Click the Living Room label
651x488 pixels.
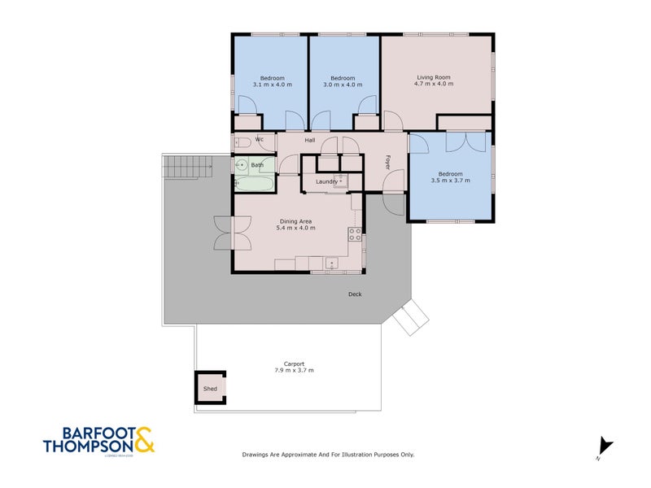click(432, 77)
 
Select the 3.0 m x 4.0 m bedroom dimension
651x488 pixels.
click(342, 85)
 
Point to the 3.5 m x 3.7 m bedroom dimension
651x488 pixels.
click(450, 181)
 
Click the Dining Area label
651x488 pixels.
click(296, 221)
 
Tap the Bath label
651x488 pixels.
click(257, 165)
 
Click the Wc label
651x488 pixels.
click(260, 140)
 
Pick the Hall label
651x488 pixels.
click(310, 141)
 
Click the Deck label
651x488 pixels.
click(355, 294)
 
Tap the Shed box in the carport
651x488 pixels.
click(210, 389)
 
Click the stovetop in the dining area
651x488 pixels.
click(355, 234)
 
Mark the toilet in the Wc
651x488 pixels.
click(242, 142)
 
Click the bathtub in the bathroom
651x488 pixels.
click(254, 183)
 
